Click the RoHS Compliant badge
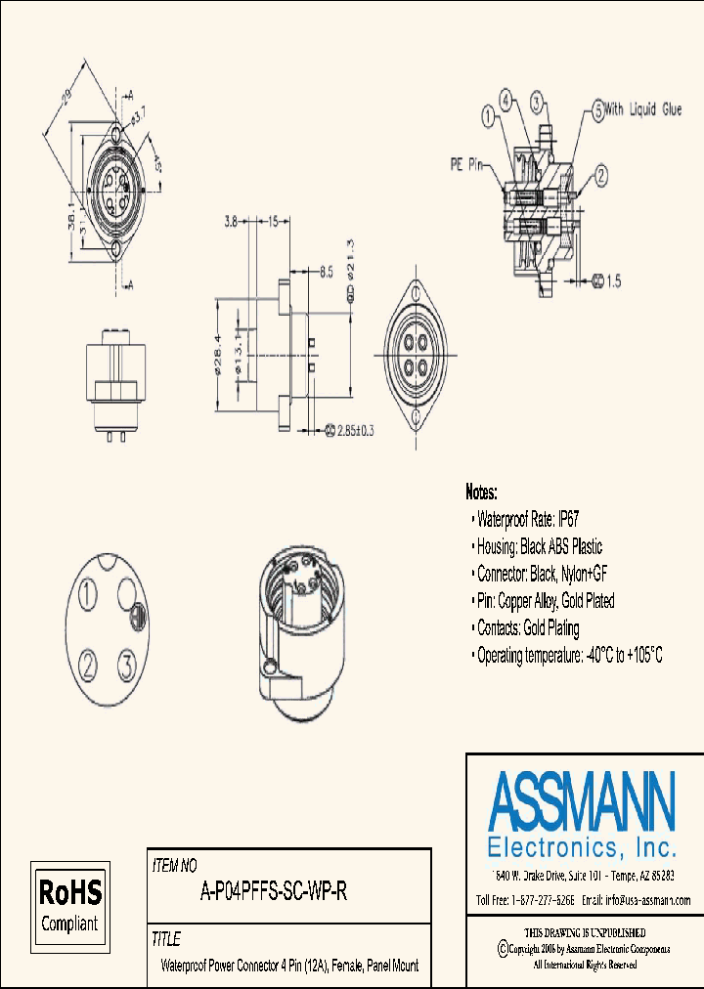(x=68, y=906)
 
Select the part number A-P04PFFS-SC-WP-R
(x=274, y=891)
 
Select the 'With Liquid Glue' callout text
(x=640, y=110)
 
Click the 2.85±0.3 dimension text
(x=357, y=430)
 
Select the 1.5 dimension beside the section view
(x=612, y=281)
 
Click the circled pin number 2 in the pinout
(x=88, y=666)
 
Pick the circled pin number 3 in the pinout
(x=125, y=666)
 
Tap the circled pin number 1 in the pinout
(x=88, y=593)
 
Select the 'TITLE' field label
(x=166, y=939)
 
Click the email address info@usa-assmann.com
(x=636, y=900)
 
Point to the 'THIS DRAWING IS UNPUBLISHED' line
(x=585, y=932)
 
